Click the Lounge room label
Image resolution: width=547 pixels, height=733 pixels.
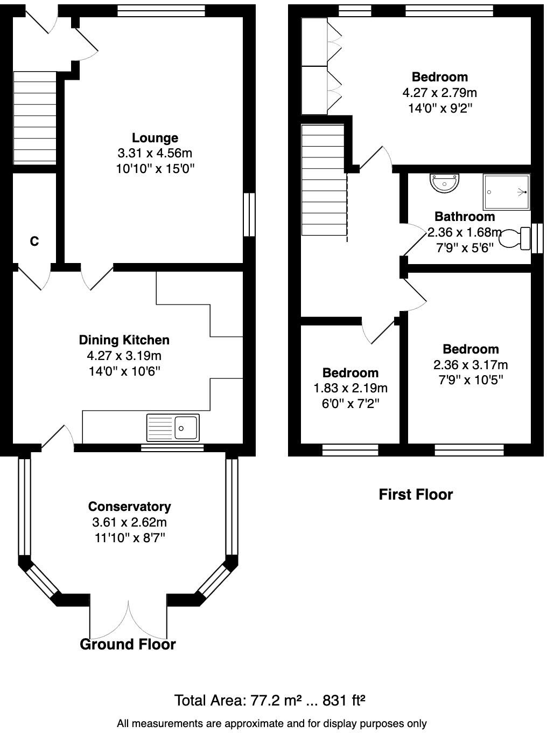coord(155,137)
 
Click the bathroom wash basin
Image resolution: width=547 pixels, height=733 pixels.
coord(445,183)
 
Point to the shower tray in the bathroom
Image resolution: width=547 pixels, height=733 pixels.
coord(506,192)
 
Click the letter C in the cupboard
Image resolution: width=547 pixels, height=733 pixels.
coord(34,241)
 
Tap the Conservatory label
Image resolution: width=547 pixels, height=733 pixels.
coord(129,506)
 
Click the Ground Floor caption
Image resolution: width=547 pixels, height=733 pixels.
coord(128,644)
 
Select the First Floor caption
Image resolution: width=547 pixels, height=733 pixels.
coord(416,494)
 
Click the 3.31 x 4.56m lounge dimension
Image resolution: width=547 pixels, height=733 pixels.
coord(155,153)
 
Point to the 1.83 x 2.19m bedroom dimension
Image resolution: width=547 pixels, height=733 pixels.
coord(350,388)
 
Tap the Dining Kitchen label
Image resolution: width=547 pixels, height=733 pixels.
coord(124,340)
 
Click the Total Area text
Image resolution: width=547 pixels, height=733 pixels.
coord(270,701)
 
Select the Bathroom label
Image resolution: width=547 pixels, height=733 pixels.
coord(465,216)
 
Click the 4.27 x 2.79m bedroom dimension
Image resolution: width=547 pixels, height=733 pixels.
coord(440,93)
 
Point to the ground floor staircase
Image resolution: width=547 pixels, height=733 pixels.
coord(34,118)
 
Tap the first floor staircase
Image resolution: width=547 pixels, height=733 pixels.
coord(323,180)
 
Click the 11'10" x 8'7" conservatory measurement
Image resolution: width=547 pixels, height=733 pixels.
coord(130,538)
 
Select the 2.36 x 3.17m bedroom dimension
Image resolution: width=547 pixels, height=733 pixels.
coord(471,365)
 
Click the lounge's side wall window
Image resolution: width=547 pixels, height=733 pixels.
coord(249,215)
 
